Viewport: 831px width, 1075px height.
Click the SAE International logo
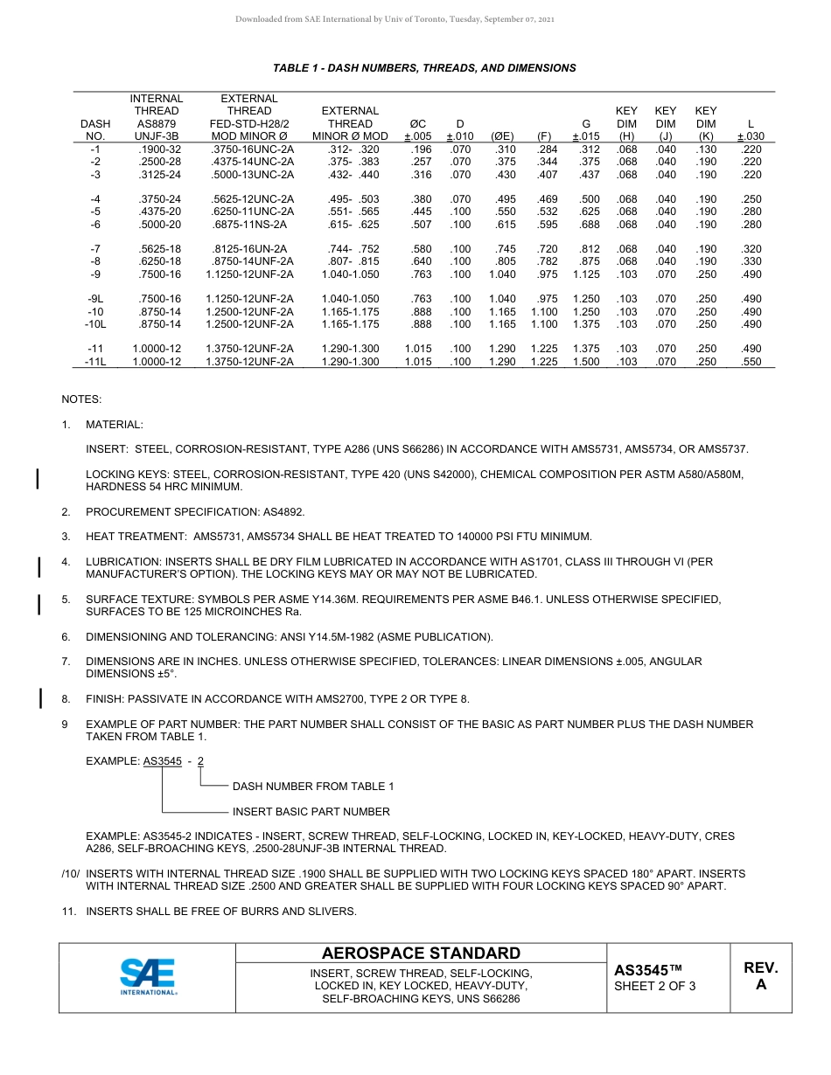point(148,976)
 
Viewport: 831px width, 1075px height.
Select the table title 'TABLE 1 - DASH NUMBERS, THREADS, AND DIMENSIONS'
point(424,68)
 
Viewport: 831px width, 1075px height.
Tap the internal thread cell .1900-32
point(158,149)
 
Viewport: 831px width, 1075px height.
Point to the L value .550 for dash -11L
point(751,362)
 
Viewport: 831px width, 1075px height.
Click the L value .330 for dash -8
point(751,261)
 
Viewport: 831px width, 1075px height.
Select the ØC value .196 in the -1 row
point(421,149)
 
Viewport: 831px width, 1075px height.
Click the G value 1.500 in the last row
point(586,362)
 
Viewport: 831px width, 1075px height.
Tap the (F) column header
point(544,136)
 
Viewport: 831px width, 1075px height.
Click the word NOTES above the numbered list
point(81,399)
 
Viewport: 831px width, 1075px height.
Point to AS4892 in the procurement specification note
point(282,511)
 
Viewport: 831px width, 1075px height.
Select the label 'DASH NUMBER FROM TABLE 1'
point(312,787)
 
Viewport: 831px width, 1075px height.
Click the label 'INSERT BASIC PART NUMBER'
point(311,812)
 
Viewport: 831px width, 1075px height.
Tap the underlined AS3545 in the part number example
point(162,761)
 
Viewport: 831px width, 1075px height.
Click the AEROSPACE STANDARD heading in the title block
point(421,954)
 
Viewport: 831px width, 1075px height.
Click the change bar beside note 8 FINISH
point(39,697)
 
